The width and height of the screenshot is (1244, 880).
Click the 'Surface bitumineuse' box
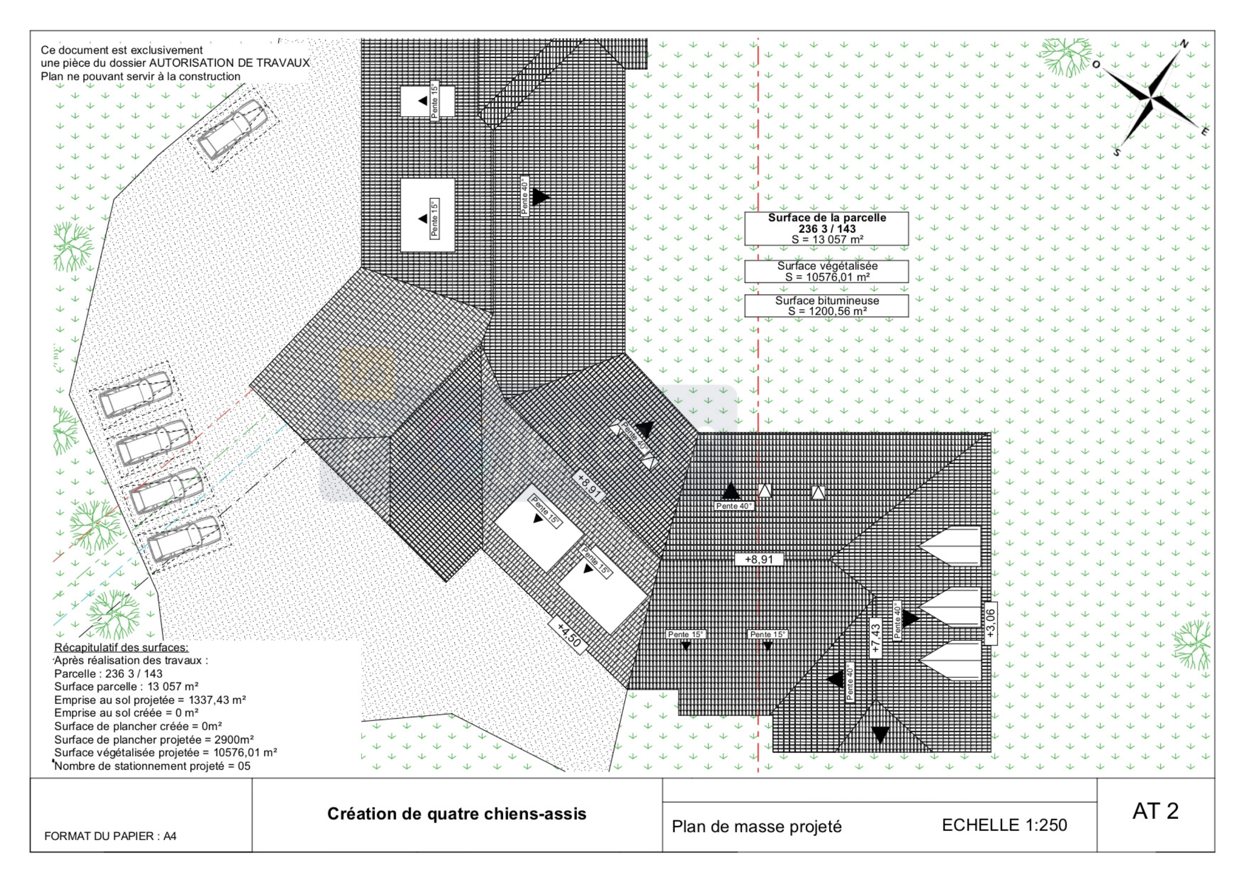coord(826,306)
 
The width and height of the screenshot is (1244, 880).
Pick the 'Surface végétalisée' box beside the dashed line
coord(826,272)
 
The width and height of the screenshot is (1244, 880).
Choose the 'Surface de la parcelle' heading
coord(827,218)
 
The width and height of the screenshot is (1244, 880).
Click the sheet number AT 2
coord(1155,811)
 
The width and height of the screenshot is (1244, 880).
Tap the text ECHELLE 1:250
coord(1004,825)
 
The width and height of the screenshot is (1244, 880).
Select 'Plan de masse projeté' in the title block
coord(757,827)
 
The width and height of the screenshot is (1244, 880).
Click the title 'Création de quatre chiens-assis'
coord(457,814)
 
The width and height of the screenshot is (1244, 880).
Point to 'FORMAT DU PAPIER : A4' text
coord(110,836)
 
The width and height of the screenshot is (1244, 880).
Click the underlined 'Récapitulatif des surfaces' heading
coord(121,648)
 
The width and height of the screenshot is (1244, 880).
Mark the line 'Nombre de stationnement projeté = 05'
coord(152,766)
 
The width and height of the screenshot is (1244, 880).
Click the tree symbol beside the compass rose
coord(1066,56)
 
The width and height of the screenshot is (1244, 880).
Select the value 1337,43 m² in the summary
coord(217,700)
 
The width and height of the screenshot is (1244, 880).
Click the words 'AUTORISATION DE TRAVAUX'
coord(229,63)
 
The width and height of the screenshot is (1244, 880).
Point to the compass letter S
coord(1117,152)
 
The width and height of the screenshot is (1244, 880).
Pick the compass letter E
coord(1205,131)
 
